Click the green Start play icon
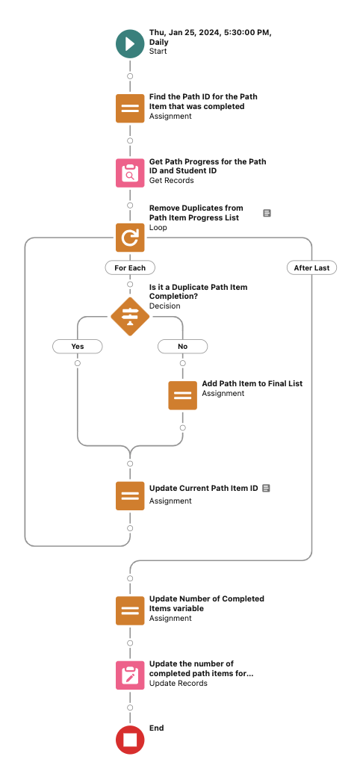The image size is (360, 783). (130, 44)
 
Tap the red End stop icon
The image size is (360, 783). (130, 740)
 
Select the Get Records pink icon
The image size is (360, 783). (130, 173)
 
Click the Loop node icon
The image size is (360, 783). (130, 237)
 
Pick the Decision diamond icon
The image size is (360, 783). (130, 317)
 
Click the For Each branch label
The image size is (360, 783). (130, 267)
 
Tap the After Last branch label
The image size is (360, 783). (311, 267)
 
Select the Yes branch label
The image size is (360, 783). (78, 346)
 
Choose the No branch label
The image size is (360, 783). (183, 346)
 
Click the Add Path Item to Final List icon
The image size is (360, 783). (183, 395)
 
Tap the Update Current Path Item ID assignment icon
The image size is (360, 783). (130, 496)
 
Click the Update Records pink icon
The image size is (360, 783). (130, 675)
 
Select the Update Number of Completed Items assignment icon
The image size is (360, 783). (130, 610)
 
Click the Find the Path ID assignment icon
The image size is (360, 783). (130, 108)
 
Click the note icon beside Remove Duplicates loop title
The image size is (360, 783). (267, 213)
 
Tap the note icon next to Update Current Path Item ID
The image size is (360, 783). (266, 488)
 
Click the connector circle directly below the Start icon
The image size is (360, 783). (130, 76)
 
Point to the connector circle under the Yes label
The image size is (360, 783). (78, 363)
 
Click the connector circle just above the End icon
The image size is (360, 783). (130, 708)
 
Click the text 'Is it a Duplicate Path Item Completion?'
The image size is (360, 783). (198, 292)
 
